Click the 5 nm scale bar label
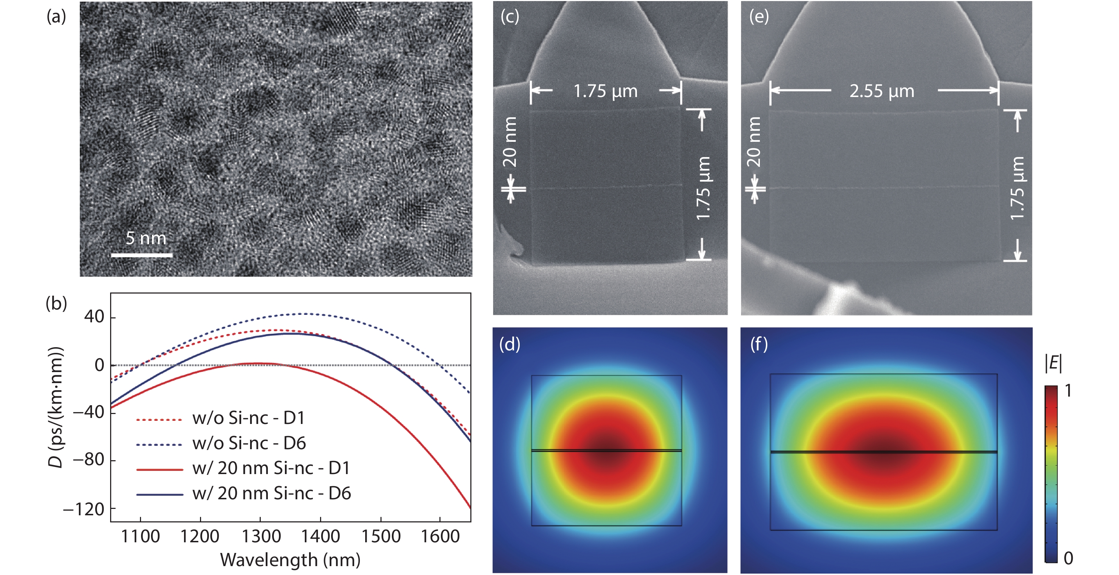(x=146, y=238)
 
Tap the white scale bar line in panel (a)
(x=142, y=255)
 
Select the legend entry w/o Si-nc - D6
(x=249, y=443)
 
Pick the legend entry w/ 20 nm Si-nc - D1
(x=271, y=468)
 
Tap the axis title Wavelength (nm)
(x=290, y=560)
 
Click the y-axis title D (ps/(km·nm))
(x=56, y=407)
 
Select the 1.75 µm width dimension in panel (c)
(x=606, y=91)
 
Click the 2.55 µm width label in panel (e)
(x=882, y=91)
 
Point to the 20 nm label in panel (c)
(x=510, y=142)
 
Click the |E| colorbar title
(x=1053, y=363)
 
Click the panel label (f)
(x=759, y=344)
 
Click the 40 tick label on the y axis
(x=94, y=317)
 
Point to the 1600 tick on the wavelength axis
(x=440, y=536)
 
